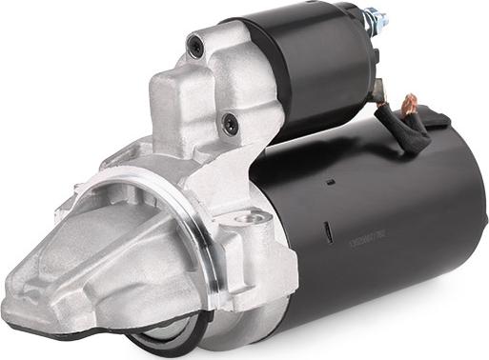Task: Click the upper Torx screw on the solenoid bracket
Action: coord(196,42)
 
